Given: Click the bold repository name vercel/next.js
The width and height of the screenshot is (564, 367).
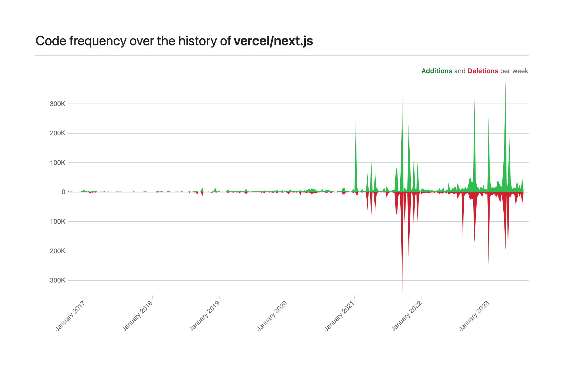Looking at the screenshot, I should tap(273, 41).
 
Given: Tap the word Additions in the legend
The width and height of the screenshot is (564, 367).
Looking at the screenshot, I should tap(437, 71).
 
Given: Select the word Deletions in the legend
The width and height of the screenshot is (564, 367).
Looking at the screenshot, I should tap(483, 71).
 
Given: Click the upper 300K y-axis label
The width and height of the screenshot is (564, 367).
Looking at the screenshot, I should tap(58, 104).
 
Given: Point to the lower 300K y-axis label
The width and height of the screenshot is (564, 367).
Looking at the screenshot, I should tap(58, 281).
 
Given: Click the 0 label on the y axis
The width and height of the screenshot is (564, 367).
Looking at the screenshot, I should tap(63, 192).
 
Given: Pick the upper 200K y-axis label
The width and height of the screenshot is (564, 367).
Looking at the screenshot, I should tap(58, 133).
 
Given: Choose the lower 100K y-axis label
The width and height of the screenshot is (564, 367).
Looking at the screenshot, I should tap(58, 222).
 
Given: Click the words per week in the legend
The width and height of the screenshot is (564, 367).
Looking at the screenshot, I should tap(514, 71).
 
